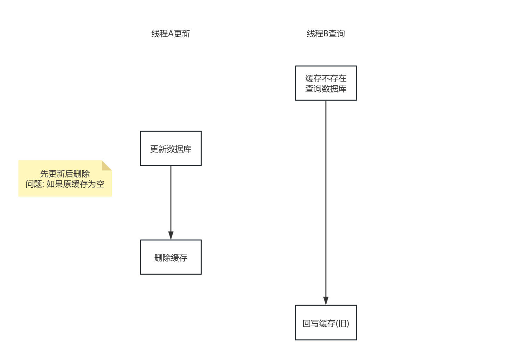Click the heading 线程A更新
pos(171,34)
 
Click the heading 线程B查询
pos(326,34)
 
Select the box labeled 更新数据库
pos(171,149)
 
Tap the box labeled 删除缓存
pos(171,257)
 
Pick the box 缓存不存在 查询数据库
pos(326,83)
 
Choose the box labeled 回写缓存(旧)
pos(326,323)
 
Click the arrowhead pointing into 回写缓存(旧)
pos(326,301)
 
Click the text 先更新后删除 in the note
pos(65,174)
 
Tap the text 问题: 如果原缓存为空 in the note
pos(65,184)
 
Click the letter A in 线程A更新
pos(171,34)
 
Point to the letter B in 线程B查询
pos(326,34)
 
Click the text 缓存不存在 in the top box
pos(326,78)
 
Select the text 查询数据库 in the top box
pos(326,89)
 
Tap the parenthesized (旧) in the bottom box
pos(342,323)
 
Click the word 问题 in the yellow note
pos(34,184)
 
